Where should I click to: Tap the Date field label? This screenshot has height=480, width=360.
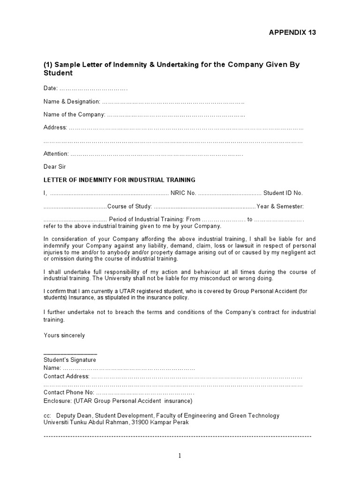point(51,88)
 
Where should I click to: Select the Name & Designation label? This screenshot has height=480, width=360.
point(72,101)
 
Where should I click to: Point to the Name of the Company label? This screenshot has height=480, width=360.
point(74,114)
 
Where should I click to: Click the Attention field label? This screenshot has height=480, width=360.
point(56,153)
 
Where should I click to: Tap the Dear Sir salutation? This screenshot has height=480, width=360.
point(55,166)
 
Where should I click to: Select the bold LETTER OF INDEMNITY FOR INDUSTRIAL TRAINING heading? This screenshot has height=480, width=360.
point(120,180)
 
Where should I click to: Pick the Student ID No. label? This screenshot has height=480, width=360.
point(283,193)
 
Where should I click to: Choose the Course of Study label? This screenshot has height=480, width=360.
point(130,206)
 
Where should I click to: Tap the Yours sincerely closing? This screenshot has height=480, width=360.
point(64,335)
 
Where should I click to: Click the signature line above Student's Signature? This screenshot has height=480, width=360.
point(70,353)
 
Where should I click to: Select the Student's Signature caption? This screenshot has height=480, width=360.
point(70,360)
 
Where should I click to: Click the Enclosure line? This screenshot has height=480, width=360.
point(118,401)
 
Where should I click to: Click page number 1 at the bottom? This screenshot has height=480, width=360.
point(180,456)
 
